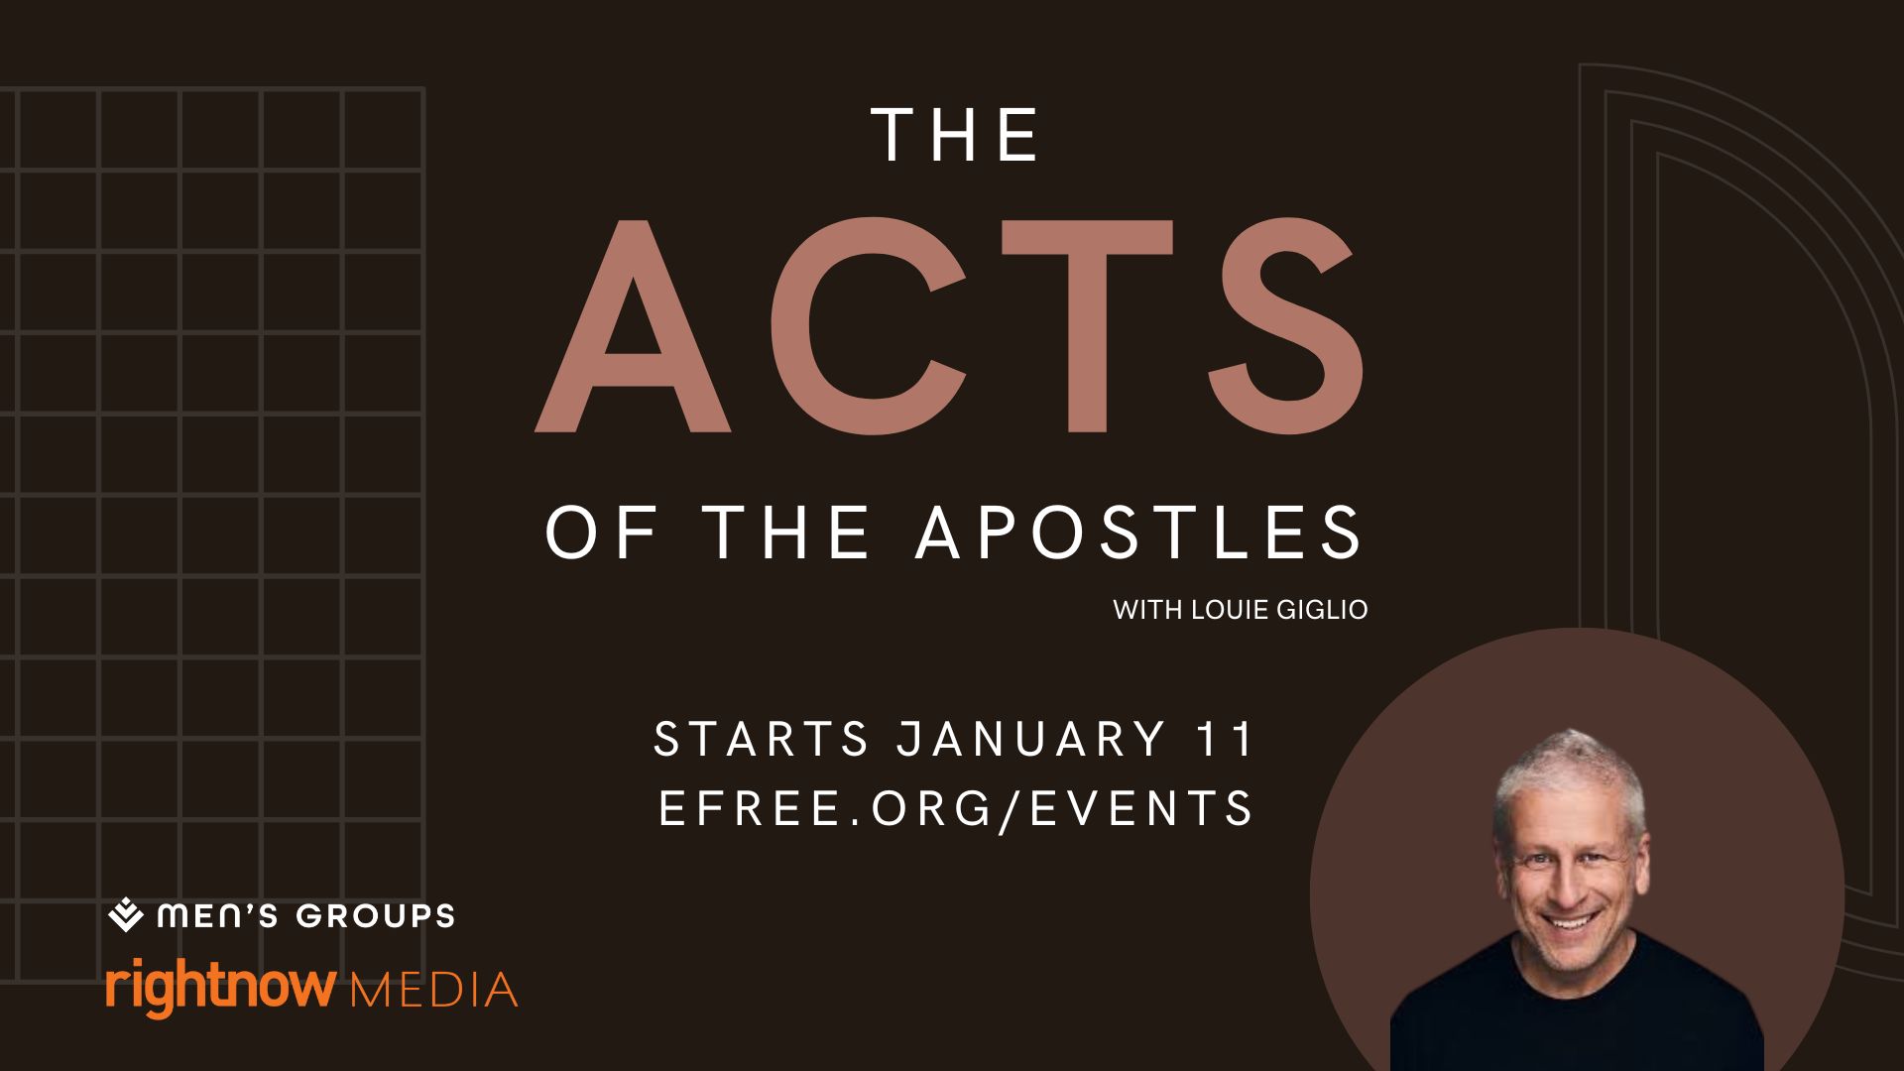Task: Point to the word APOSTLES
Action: pyautogui.click(x=1139, y=533)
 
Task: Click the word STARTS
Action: pyautogui.click(x=762, y=740)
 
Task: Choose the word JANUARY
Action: pyautogui.click(x=1031, y=740)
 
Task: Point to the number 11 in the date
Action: pyautogui.click(x=1226, y=740)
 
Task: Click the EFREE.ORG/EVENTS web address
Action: pyautogui.click(x=956, y=808)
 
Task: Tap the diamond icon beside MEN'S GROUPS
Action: pyautogui.click(x=126, y=915)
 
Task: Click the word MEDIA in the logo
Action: pyautogui.click(x=435, y=990)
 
